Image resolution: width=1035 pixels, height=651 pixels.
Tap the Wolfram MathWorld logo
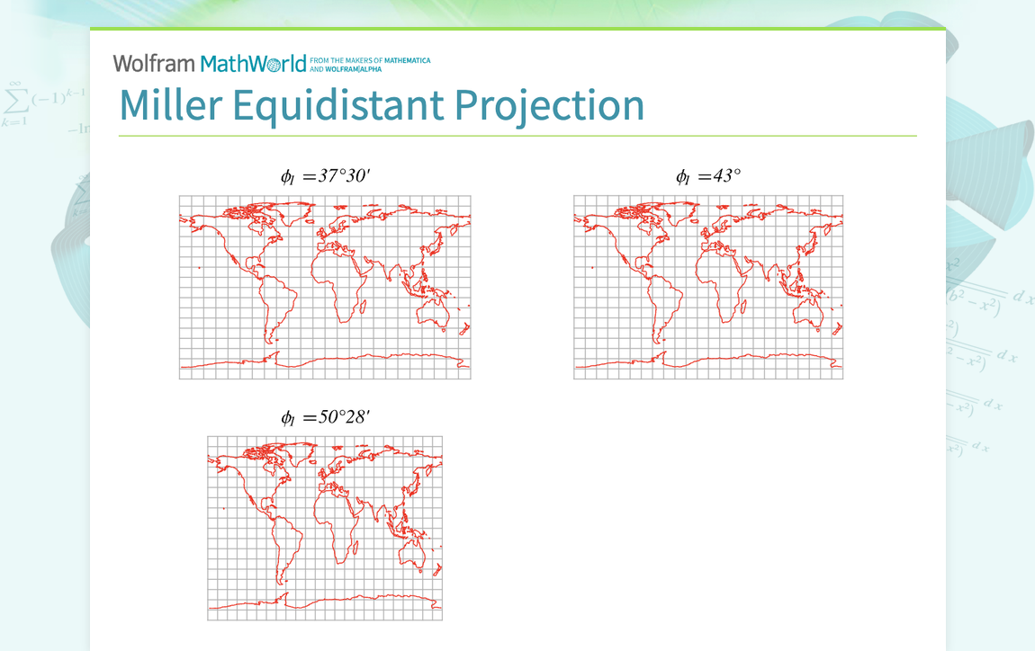click(210, 63)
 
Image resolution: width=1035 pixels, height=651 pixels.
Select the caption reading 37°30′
click(325, 176)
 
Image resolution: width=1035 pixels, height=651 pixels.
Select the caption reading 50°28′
click(325, 417)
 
